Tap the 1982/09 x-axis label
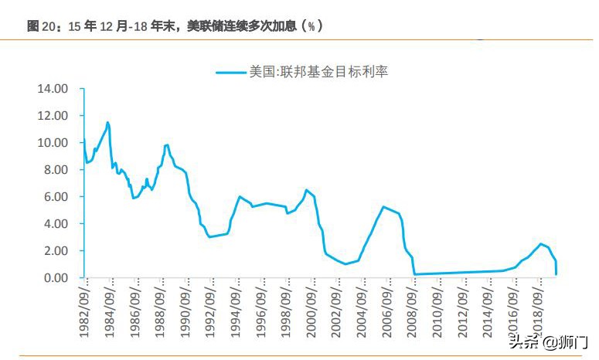[x=86, y=309]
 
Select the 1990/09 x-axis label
[x=185, y=309]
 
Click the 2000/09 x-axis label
[x=310, y=309]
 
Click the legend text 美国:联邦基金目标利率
[x=318, y=73]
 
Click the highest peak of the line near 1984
[x=107, y=122]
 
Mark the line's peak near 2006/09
[x=383, y=206]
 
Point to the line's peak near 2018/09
[x=541, y=243]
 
